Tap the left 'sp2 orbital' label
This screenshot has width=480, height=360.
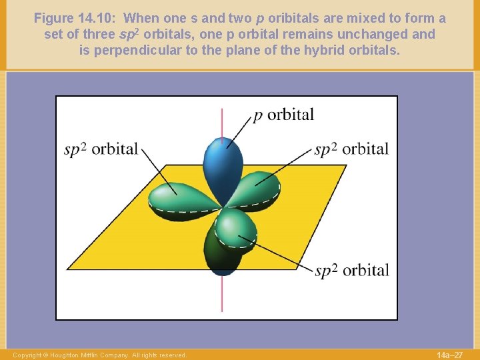click(101, 149)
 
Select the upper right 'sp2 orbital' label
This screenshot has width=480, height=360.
click(351, 149)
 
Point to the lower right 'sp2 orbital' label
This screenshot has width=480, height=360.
click(351, 270)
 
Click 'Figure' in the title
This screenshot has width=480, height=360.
click(55, 18)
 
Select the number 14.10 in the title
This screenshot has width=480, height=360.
click(101, 18)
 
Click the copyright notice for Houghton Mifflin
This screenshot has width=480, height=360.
click(100, 355)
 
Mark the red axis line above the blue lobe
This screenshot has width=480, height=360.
click(222, 120)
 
